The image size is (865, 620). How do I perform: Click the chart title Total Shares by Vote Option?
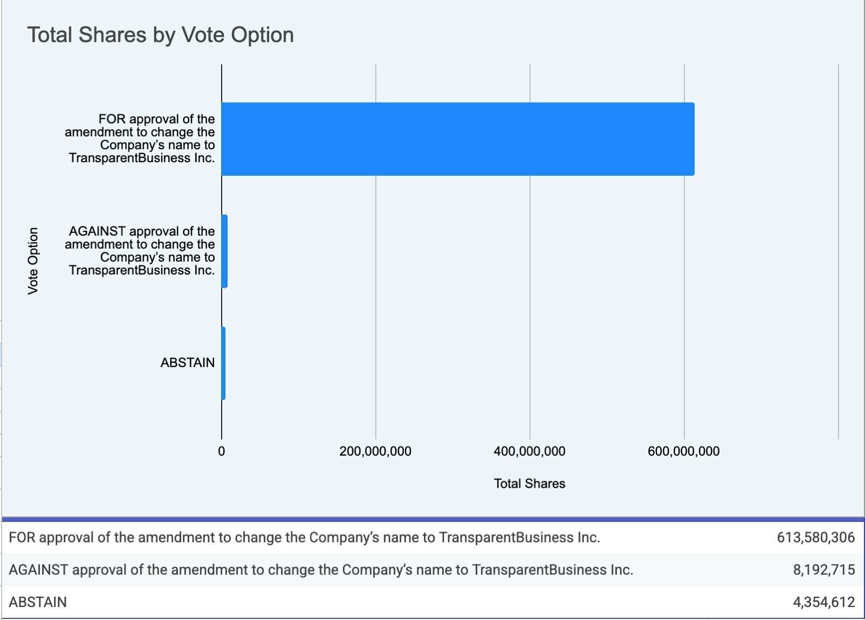tap(161, 35)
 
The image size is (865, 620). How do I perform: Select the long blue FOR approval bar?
tap(457, 139)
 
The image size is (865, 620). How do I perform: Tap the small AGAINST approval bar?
tap(224, 251)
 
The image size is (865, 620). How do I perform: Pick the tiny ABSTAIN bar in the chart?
tap(223, 363)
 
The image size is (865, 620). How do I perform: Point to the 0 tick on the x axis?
tap(222, 451)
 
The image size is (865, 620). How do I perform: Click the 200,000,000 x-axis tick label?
tap(375, 451)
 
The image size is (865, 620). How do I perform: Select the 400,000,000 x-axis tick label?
tap(529, 451)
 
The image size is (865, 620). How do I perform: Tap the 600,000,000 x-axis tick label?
tap(683, 451)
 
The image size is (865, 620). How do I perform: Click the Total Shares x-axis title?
tap(529, 484)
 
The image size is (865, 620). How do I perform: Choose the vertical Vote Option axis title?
tap(33, 261)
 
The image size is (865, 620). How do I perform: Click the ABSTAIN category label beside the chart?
tap(187, 363)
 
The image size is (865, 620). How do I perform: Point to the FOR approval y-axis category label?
tap(140, 138)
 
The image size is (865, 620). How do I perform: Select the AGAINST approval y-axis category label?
tap(140, 251)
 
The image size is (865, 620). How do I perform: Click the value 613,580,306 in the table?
tap(815, 538)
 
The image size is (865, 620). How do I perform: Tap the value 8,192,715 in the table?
tap(824, 570)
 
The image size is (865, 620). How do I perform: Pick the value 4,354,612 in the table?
tap(824, 602)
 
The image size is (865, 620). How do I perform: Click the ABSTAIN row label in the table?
tap(38, 602)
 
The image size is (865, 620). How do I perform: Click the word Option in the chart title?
tap(262, 35)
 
